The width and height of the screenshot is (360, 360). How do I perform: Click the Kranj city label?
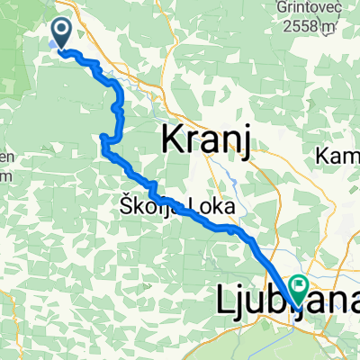click(204, 140)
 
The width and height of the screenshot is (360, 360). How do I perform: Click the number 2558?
click(317, 28)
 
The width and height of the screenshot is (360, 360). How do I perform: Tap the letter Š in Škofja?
click(125, 206)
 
